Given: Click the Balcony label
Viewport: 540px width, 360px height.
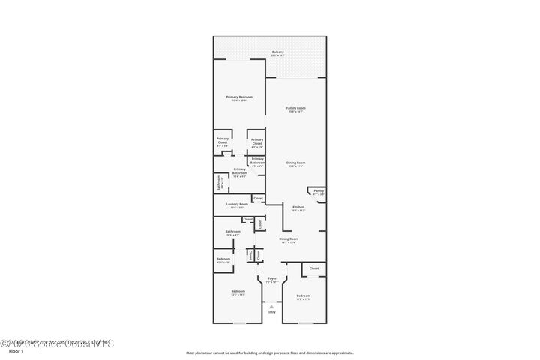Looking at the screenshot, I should click(278, 52).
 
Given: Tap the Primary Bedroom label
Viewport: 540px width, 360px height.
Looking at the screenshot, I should click(240, 97).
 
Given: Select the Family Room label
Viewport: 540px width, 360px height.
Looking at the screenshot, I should click(296, 108).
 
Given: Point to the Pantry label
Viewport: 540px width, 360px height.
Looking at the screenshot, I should click(319, 191).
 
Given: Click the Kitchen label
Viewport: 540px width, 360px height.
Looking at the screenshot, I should click(298, 207).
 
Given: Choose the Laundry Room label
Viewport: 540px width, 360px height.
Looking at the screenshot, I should click(233, 205).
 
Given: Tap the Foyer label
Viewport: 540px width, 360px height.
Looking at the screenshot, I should click(272, 278).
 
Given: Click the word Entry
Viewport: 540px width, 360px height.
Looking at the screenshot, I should click(271, 311).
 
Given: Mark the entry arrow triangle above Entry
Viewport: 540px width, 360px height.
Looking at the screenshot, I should click(271, 306).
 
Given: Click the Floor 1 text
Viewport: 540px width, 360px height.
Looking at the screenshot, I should click(16, 350).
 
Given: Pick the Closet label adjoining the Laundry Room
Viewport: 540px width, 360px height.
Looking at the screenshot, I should click(258, 198).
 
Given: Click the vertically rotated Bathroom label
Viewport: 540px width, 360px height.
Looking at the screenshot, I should click(219, 183).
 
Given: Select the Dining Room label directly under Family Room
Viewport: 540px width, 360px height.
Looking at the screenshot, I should click(296, 163).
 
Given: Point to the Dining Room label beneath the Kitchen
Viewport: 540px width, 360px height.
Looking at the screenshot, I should click(289, 239).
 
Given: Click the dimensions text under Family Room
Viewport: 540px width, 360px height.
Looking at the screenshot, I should click(296, 111).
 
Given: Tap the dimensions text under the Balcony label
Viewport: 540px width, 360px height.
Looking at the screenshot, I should click(278, 55).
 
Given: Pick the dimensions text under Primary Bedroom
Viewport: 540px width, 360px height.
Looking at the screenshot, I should click(240, 100).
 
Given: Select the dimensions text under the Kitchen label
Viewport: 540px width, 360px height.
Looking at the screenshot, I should click(298, 211).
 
